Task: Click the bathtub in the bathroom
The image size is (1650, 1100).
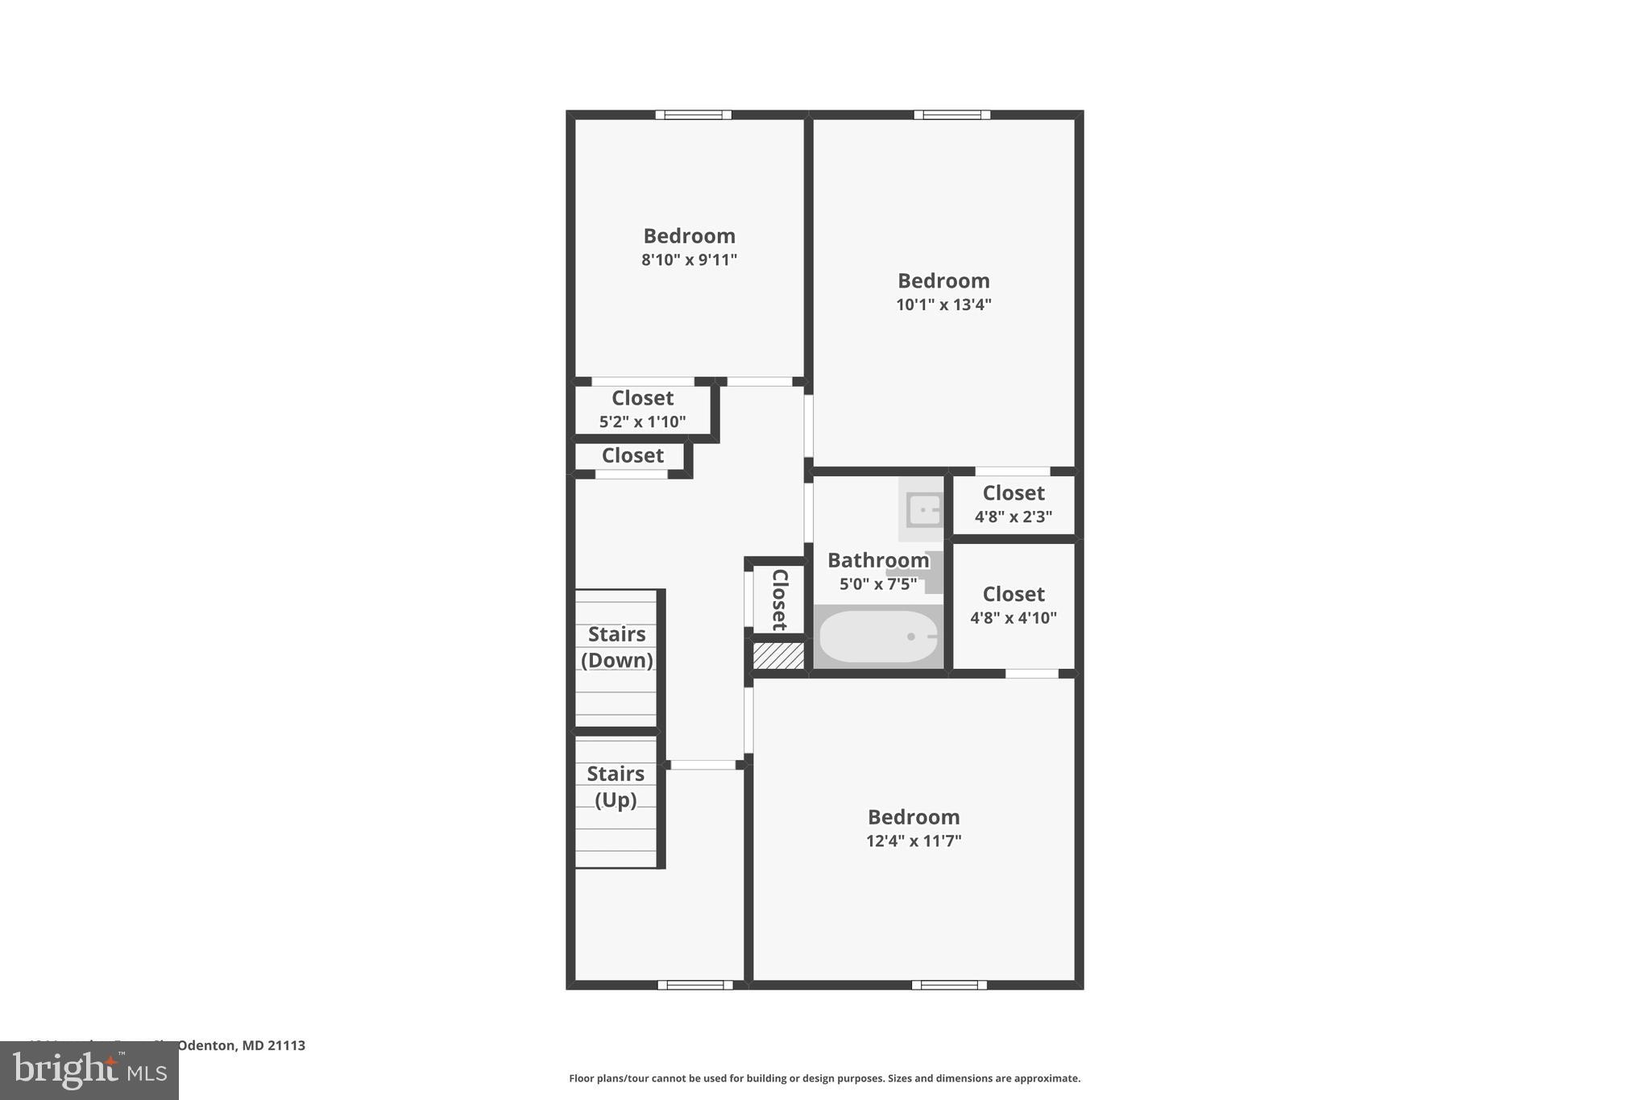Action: coord(878,637)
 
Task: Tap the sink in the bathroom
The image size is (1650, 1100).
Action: coord(923,510)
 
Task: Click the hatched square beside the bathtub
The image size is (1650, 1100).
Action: coord(778,655)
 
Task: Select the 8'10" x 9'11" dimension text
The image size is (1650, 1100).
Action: coord(689,260)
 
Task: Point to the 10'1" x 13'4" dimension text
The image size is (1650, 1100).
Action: coord(943,305)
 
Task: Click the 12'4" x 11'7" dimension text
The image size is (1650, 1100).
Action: coord(914,841)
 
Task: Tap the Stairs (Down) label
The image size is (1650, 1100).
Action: coord(617,647)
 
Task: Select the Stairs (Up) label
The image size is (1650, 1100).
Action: coord(616,787)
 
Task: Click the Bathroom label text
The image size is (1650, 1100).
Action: coord(877,560)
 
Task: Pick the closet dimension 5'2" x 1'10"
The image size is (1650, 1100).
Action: coord(642,421)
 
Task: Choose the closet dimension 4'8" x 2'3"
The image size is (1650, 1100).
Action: coord(1014,517)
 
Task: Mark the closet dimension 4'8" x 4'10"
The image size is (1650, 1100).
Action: coord(1014,618)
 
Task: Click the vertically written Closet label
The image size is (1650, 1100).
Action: coord(779,600)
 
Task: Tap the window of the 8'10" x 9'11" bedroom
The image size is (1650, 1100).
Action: coord(693,114)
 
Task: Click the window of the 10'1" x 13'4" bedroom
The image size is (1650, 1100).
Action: coord(951,114)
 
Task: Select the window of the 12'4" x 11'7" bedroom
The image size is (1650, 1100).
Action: coord(949,985)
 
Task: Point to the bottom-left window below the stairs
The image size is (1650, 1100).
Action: coord(695,985)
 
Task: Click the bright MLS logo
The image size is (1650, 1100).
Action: coord(89,1071)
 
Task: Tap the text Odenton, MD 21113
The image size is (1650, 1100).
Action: coord(241,1046)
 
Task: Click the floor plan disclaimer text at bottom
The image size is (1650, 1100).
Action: coord(824,1078)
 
